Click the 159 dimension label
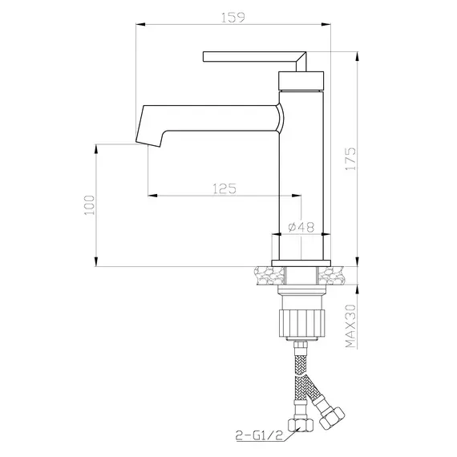point(233,18)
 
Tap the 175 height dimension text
point(350,159)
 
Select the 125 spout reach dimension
point(224,189)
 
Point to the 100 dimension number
point(90,205)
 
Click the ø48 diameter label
point(301,227)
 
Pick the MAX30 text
point(350,326)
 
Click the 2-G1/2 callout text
point(260,435)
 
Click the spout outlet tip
point(148,144)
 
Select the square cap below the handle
point(301,81)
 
